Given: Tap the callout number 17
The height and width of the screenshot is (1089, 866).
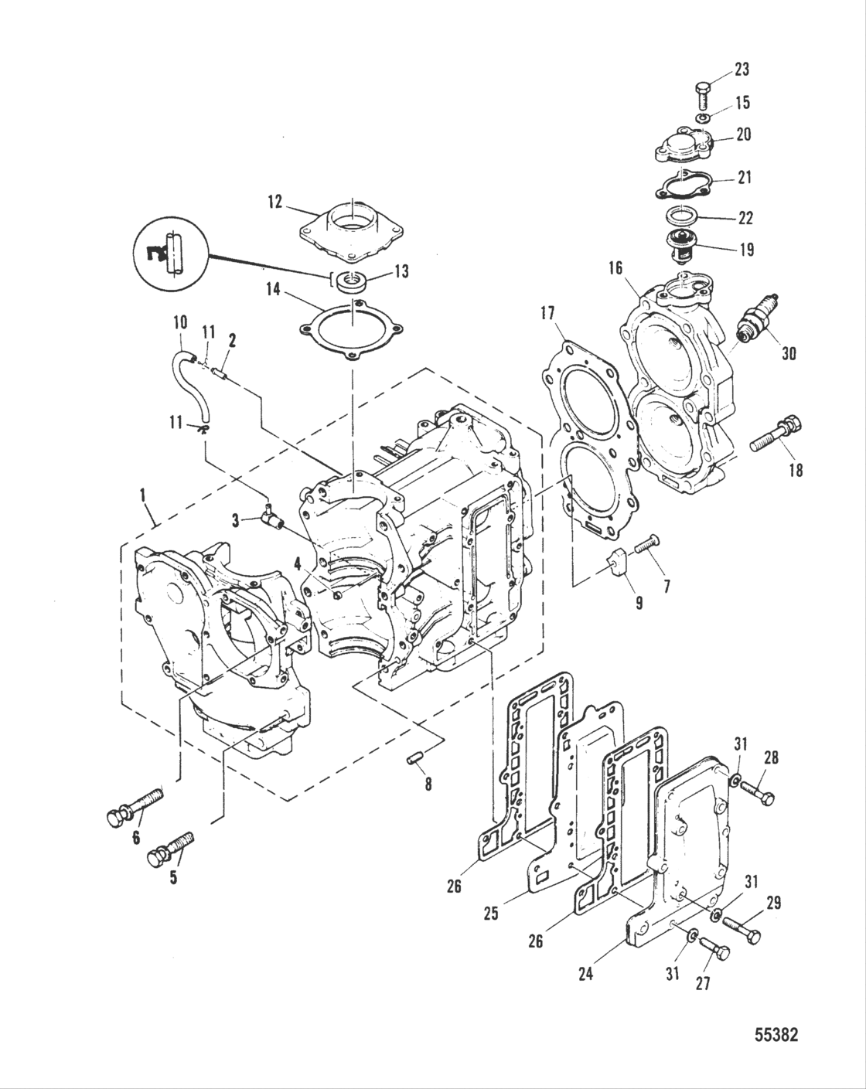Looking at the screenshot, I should click(x=547, y=315).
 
